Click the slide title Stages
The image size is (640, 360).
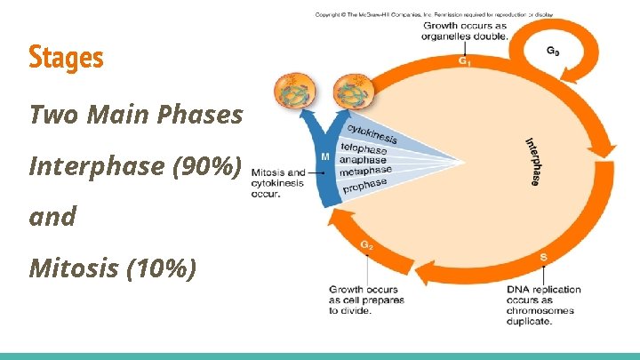[x=66, y=59]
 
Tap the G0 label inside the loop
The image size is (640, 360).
[x=552, y=52]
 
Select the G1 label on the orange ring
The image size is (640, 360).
[x=465, y=61]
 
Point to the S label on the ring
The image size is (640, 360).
[x=543, y=258]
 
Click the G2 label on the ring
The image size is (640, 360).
[x=366, y=245]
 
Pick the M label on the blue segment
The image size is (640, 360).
[x=325, y=156]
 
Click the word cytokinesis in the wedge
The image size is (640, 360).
[x=372, y=133]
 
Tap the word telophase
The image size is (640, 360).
[x=364, y=149]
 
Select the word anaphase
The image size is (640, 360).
[x=363, y=160]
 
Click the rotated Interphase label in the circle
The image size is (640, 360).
[x=531, y=161]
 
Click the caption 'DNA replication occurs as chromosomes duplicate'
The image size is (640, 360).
[x=543, y=305]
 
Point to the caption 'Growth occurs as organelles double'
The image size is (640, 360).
[x=465, y=32]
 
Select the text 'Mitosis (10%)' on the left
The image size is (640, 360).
[x=113, y=268]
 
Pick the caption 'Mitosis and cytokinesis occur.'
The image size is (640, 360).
[x=277, y=182]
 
